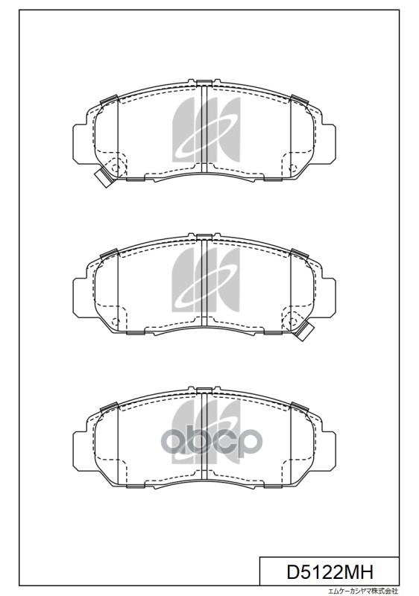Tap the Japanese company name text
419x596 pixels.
click(364, 589)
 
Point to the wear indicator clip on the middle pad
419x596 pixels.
click(306, 332)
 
